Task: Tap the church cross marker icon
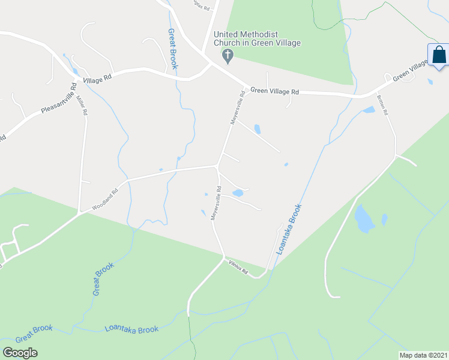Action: (x=228, y=56)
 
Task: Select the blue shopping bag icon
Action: (x=439, y=55)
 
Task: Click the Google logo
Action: (x=20, y=353)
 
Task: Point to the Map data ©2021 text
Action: (x=423, y=355)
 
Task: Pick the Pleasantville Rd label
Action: (x=60, y=102)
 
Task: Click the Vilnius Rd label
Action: (x=238, y=268)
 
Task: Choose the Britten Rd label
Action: (x=382, y=104)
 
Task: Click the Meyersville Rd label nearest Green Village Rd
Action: (x=238, y=108)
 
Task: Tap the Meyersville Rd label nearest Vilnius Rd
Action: (x=216, y=204)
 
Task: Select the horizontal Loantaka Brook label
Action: (x=131, y=329)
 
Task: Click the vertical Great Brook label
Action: (x=172, y=49)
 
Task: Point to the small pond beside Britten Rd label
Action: (x=369, y=110)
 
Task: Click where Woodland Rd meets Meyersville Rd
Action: (x=217, y=166)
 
